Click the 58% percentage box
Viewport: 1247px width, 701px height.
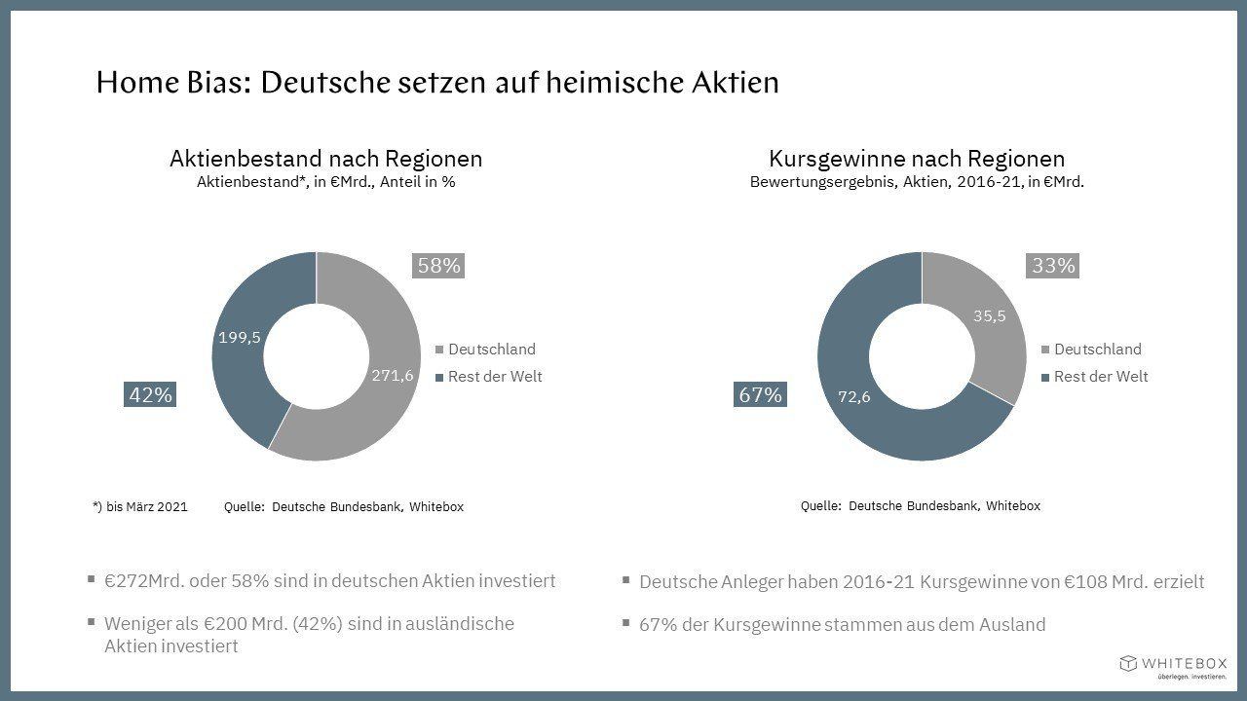[438, 265]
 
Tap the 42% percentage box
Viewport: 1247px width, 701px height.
[150, 395]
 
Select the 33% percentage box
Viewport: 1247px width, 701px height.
[1052, 265]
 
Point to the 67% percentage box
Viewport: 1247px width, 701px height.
[760, 395]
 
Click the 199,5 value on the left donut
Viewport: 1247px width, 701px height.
[241, 337]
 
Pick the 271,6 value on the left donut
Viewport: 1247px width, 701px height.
[393, 376]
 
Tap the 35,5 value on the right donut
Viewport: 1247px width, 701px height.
[989, 315]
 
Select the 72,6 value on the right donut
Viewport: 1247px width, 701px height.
[854, 396]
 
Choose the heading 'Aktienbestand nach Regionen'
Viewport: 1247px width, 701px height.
[325, 159]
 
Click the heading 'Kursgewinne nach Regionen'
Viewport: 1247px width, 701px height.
[917, 159]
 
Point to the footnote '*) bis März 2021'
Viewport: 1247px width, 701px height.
[139, 507]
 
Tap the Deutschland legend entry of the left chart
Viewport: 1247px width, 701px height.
[491, 350]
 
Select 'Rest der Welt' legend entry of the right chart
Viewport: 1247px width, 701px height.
[1100, 377]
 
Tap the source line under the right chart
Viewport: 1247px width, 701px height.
[920, 506]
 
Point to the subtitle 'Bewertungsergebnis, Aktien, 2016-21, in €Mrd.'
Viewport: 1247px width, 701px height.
[917, 182]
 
